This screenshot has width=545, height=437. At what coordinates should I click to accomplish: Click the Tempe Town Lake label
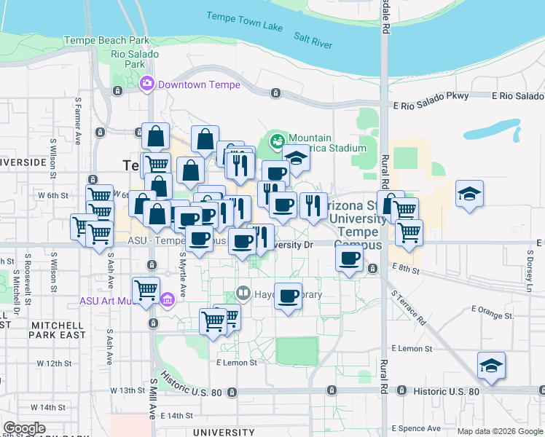point(244,22)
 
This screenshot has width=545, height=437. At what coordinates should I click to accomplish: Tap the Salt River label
point(313,39)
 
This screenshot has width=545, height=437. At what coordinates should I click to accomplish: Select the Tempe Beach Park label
point(107,41)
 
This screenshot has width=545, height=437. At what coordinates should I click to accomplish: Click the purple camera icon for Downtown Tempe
point(147,84)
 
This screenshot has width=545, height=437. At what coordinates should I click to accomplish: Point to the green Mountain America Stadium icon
point(277,139)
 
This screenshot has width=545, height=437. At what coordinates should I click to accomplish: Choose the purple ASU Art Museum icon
point(167,299)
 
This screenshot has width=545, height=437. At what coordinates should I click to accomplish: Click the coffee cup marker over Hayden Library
point(289,296)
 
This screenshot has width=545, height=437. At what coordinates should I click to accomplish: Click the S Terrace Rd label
point(408,307)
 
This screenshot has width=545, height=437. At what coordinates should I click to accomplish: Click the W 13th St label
point(128,390)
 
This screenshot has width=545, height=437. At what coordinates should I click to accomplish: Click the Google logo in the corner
point(24,428)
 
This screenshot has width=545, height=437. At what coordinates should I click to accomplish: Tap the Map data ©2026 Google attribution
point(499,431)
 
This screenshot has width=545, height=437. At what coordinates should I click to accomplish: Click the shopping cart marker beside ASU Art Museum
point(146,289)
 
